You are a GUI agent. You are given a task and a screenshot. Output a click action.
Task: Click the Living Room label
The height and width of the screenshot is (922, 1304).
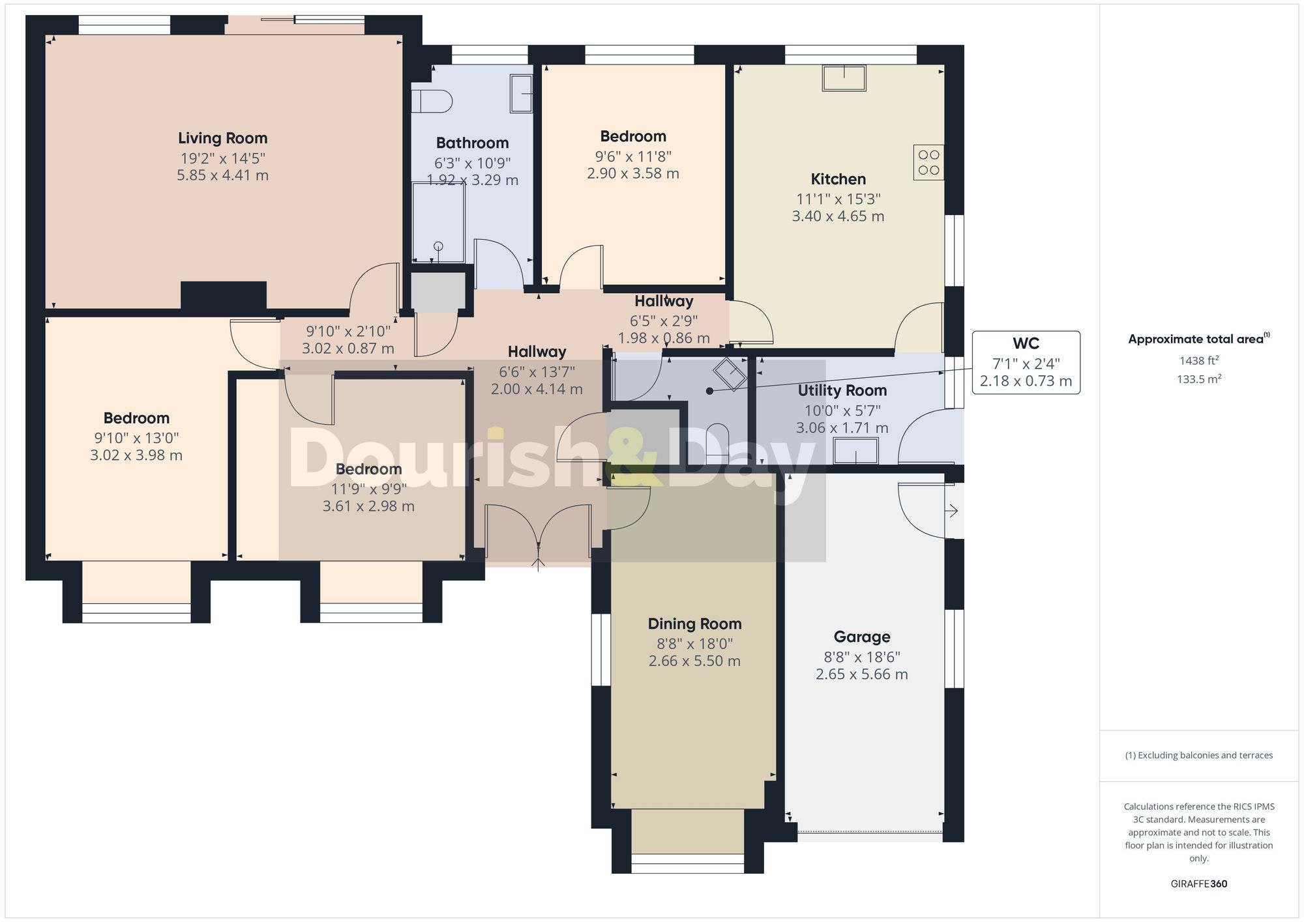(222, 138)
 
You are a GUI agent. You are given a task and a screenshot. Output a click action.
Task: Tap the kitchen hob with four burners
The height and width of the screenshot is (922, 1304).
(928, 162)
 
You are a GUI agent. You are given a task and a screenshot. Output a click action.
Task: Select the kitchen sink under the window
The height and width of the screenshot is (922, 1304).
(844, 78)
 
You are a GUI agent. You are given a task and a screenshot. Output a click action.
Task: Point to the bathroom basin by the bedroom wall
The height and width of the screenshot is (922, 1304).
(522, 93)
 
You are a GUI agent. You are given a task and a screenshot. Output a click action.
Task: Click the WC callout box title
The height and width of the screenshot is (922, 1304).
(1026, 343)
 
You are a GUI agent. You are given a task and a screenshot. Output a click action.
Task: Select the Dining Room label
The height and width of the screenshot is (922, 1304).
(694, 624)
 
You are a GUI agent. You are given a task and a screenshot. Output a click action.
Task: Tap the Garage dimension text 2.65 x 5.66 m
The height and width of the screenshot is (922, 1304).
(861, 674)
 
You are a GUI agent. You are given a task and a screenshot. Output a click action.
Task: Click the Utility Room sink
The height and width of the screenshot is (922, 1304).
(856, 451)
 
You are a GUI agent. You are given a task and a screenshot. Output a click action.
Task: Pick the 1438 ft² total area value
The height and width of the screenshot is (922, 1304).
(1198, 360)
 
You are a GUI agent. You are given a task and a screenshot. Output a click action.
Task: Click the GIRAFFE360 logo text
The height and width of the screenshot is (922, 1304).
(1198, 884)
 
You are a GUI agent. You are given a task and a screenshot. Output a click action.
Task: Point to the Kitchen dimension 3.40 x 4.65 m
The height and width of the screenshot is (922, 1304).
(838, 216)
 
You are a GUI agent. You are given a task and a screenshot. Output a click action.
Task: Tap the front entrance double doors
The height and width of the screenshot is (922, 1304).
(538, 528)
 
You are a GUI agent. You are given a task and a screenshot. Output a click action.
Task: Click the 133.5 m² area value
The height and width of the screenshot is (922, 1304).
(1198, 379)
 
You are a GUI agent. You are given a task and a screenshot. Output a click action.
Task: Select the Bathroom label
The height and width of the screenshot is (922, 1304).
(472, 143)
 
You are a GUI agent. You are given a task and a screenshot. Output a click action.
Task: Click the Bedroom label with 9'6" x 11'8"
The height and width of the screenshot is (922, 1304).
(633, 137)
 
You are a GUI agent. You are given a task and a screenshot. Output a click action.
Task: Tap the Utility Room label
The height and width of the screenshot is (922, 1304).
(842, 390)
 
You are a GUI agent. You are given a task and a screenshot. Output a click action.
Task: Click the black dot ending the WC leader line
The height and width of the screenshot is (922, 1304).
(709, 391)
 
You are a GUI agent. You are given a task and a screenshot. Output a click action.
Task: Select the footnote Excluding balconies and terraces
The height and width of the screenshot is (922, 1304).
(1198, 756)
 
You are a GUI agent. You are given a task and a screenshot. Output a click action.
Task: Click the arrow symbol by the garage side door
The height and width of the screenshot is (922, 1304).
(952, 511)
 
